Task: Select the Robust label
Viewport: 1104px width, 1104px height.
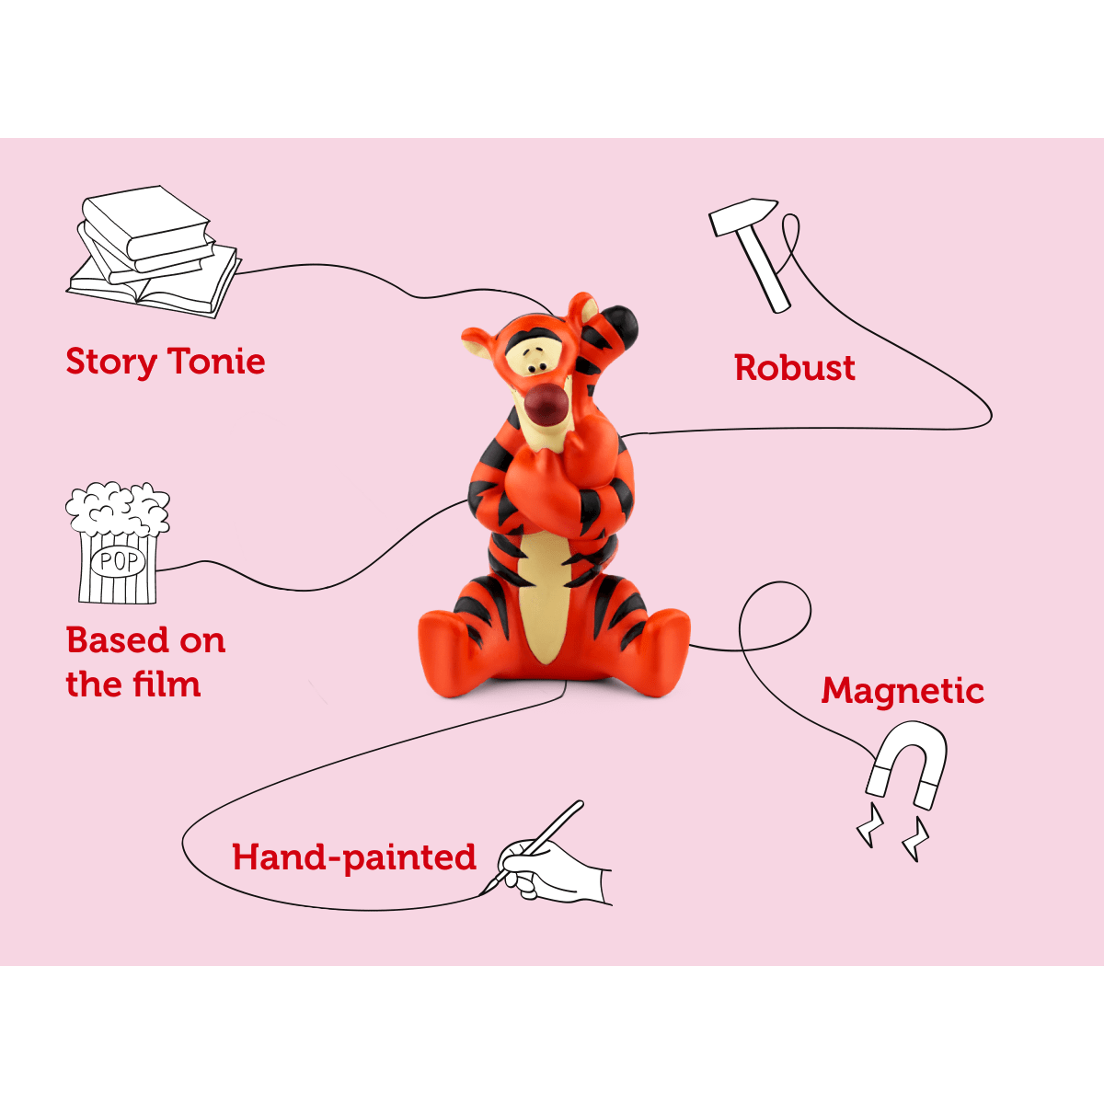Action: point(795,368)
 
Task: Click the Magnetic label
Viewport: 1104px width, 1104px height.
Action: point(903,690)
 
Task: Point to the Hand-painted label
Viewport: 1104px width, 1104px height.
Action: point(354,857)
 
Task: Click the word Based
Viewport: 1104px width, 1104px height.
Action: point(119,639)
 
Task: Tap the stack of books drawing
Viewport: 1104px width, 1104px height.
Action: point(152,251)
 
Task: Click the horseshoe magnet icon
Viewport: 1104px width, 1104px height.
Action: point(907,764)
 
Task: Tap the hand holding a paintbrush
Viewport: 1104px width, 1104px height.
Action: point(552,865)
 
